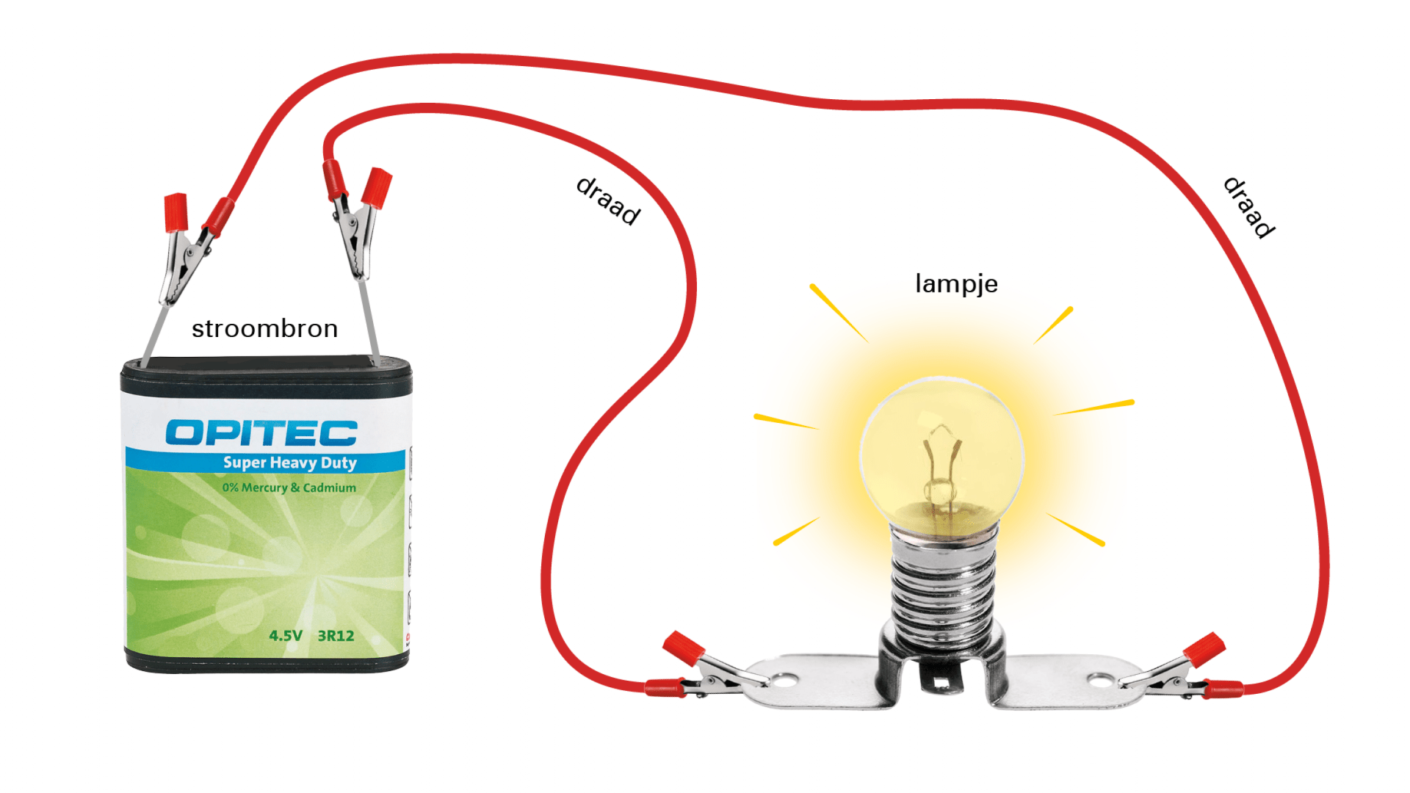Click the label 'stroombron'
click(264, 329)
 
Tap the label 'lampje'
click(956, 284)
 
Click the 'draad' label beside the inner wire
click(608, 200)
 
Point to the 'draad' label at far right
click(1248, 207)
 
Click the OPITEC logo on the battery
click(261, 432)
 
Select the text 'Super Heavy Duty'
click(289, 463)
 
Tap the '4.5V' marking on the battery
click(286, 636)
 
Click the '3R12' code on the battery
click(336, 636)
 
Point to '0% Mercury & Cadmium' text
click(289, 488)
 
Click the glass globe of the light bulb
click(941, 448)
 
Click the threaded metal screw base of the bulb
click(943, 587)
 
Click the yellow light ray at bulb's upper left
click(839, 312)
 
